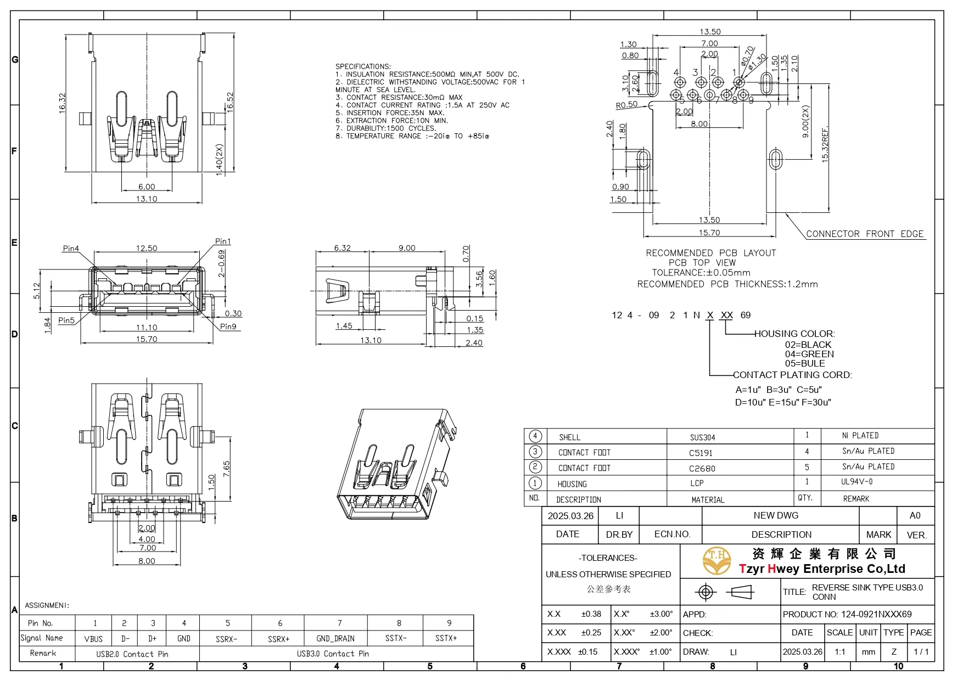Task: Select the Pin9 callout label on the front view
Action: pos(228,327)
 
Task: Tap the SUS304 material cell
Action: pos(702,437)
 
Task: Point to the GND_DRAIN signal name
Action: pos(335,639)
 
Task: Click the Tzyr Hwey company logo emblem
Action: pos(716,561)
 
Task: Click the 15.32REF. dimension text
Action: pos(825,145)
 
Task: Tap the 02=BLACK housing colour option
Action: pos(808,345)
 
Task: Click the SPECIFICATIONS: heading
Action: pos(363,66)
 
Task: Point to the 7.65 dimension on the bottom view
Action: pos(226,469)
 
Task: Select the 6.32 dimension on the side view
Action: pos(342,248)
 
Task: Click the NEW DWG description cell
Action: pos(775,515)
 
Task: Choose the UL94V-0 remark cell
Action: pos(856,482)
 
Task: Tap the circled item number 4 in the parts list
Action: pos(535,436)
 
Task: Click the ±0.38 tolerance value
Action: pos(591,614)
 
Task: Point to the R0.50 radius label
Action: pos(626,105)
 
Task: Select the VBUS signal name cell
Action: pos(93,639)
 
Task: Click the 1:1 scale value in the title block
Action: pos(839,652)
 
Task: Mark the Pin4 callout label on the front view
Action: pos(71,249)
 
